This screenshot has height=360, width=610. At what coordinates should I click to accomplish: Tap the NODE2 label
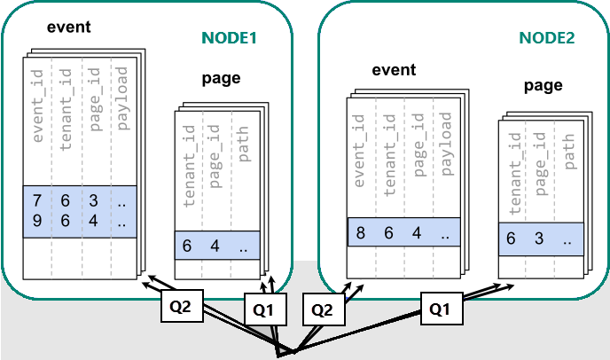coord(547,39)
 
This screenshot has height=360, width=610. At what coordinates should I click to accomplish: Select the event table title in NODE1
coord(69,26)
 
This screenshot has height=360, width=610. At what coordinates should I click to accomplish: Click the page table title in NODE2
coord(543,85)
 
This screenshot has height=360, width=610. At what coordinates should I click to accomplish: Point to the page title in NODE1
coord(221,78)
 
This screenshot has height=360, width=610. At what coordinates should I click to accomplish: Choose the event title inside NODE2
coord(394,69)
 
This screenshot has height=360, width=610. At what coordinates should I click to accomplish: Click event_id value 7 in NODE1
coord(37,201)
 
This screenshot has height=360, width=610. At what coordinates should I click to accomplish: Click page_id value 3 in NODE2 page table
coord(538,239)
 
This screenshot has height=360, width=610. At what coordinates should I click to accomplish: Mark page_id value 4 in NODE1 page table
coord(214,246)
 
